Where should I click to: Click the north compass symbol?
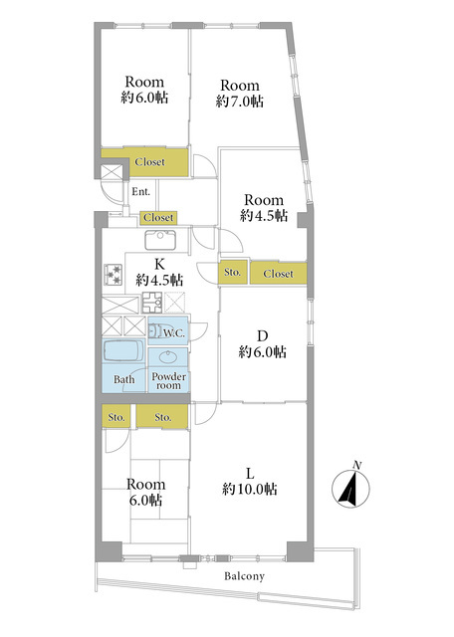[350, 487]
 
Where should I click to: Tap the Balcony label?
[245, 576]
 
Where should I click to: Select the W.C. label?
[174, 333]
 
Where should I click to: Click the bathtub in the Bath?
[123, 350]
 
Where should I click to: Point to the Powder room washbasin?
[167, 357]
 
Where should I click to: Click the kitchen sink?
[160, 240]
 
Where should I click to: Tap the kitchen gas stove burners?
[113, 275]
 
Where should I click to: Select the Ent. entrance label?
[141, 192]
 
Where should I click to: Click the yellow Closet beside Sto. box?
[278, 273]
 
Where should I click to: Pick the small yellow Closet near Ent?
[158, 218]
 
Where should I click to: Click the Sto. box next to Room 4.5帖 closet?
[233, 272]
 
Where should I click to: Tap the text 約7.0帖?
[240, 102]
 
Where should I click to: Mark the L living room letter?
[250, 474]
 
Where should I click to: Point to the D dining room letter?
[263, 336]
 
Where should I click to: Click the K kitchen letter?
[159, 264]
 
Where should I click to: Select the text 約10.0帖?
[250, 489]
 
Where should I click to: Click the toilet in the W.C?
[154, 330]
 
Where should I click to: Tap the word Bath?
[124, 379]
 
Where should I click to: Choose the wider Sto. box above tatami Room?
[162, 416]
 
